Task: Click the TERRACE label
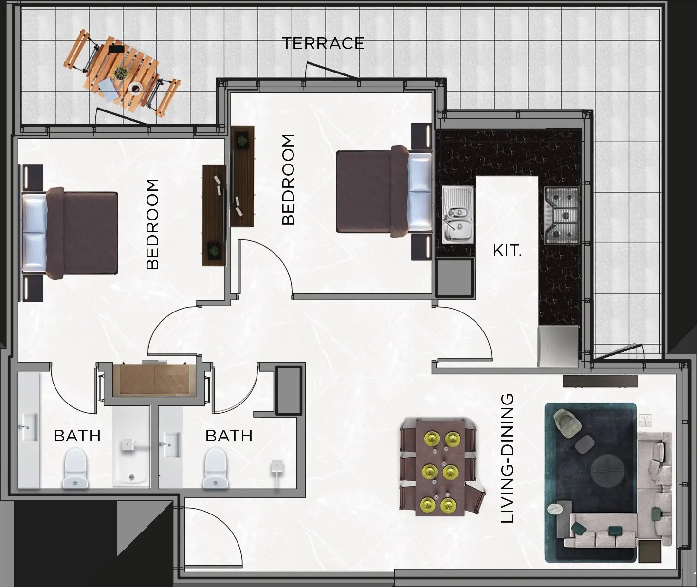click(x=323, y=44)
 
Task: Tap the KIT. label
click(x=507, y=251)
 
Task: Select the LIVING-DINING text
click(x=507, y=459)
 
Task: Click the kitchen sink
click(x=458, y=215)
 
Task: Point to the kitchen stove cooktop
click(x=562, y=215)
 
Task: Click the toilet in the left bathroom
click(x=75, y=468)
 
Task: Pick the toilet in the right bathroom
click(x=215, y=468)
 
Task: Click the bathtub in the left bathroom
click(x=131, y=447)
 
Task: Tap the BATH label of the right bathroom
click(x=229, y=436)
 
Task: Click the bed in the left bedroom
click(x=70, y=233)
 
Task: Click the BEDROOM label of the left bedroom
click(x=152, y=224)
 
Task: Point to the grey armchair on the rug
click(x=566, y=422)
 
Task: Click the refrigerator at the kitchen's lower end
click(x=558, y=346)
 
